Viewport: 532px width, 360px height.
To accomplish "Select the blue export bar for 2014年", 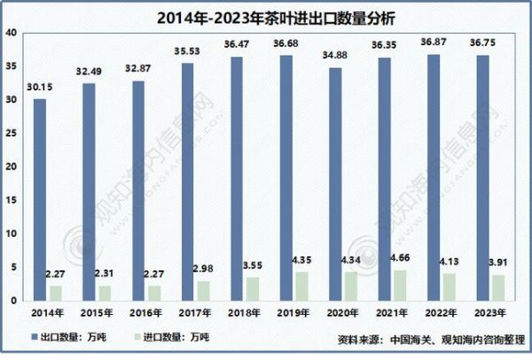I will [x=40, y=200].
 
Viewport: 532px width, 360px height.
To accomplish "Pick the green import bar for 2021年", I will [x=400, y=286].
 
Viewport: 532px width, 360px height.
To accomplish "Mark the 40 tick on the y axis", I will [x=11, y=33].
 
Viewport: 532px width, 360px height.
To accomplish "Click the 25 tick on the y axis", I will [x=11, y=134].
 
